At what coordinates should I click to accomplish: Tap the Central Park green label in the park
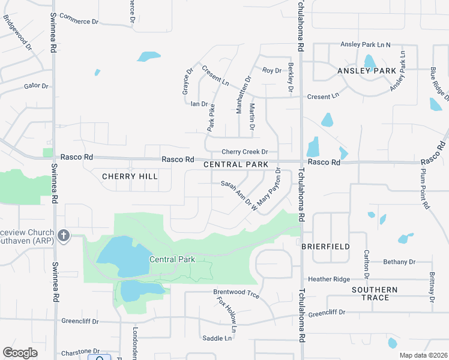coord(172,259)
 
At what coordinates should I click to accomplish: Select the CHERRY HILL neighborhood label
coord(130,176)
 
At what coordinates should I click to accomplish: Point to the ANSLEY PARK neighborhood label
coord(367,71)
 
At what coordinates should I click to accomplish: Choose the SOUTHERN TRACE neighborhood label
coord(375,293)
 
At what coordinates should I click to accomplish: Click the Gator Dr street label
coord(36,86)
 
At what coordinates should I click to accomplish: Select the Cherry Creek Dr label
coord(244,152)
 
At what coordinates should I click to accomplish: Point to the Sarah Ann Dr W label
coord(239,195)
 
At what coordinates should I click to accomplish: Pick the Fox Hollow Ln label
coord(227,314)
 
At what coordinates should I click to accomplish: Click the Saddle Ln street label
coord(217,338)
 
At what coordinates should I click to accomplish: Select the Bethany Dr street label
coord(400,262)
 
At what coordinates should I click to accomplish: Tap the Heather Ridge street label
coord(328,279)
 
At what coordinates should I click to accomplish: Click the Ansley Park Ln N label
coord(366,44)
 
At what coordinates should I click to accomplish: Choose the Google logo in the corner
coord(20,353)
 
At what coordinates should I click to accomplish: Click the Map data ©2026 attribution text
coord(423,355)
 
